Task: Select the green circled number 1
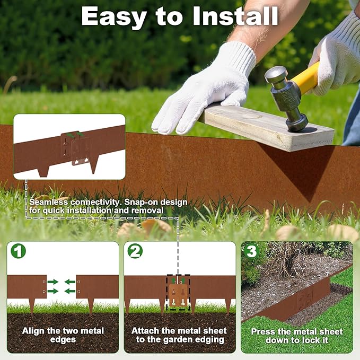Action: click(18, 251)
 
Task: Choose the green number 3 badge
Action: click(251, 251)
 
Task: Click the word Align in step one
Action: click(33, 331)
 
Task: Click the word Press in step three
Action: click(264, 331)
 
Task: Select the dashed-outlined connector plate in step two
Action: click(178, 292)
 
